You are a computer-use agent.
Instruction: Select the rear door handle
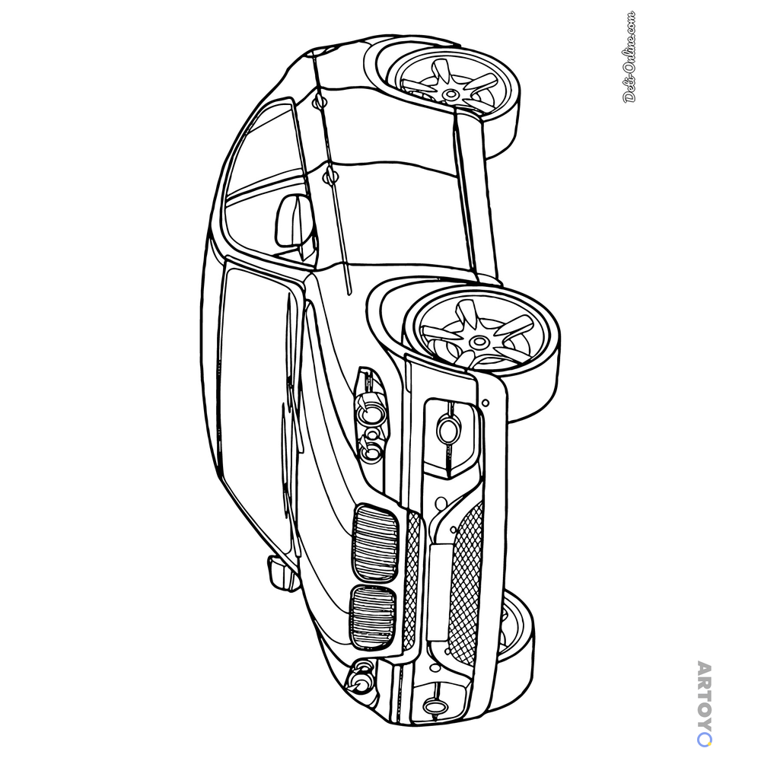click(319, 101)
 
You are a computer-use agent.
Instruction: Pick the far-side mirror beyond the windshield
click(280, 573)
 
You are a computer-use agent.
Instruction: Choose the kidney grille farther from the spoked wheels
click(372, 616)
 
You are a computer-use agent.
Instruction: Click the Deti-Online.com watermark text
click(629, 57)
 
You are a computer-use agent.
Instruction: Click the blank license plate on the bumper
click(440, 592)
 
